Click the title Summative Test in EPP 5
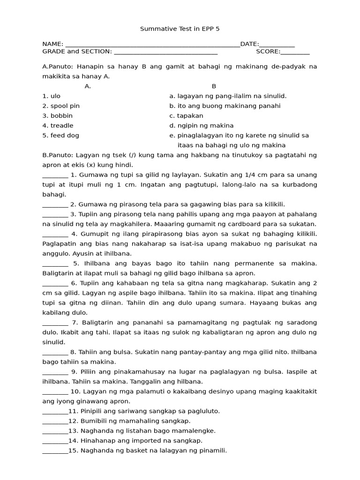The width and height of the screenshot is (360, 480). (x=180, y=29)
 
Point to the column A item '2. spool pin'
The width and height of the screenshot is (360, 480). (x=61, y=106)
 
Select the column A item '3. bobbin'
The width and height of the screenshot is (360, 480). (x=57, y=116)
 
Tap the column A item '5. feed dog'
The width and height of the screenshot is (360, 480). (x=60, y=135)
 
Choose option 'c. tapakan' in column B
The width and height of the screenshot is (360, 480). (x=187, y=116)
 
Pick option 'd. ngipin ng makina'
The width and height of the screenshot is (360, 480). (x=202, y=126)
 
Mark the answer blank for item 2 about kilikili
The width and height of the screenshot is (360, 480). (x=55, y=204)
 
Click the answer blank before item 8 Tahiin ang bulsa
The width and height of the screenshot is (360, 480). (x=55, y=352)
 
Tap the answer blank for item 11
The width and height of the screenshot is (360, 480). (x=55, y=411)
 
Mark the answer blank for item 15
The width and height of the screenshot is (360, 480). (x=55, y=450)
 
